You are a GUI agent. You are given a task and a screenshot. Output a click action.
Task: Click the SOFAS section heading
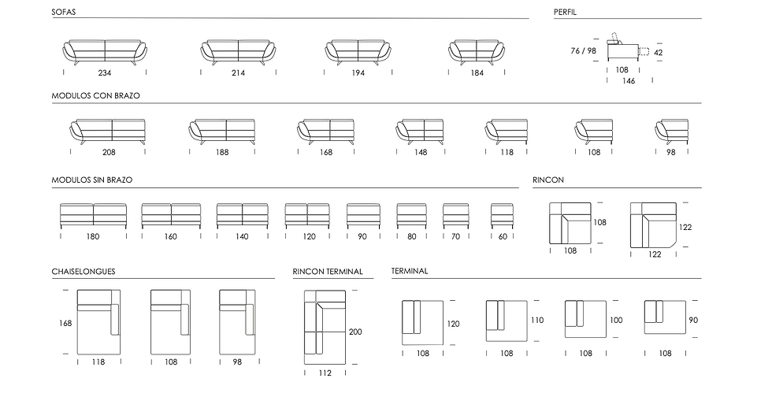pos(64,12)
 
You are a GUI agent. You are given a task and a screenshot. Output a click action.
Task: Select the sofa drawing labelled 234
pos(105,52)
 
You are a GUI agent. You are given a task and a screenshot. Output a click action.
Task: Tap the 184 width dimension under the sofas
pos(477,73)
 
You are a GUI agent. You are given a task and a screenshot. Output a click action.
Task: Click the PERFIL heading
pos(565,12)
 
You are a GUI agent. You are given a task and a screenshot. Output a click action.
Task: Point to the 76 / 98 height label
pos(584,50)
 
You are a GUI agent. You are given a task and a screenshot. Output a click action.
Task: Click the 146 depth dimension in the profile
pos(629,81)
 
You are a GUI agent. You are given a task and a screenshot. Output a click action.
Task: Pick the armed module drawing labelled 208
pos(108,132)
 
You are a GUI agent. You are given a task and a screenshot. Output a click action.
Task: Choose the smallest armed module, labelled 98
pos(671,132)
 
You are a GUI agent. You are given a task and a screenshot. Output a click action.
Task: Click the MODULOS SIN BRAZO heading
pos(92,180)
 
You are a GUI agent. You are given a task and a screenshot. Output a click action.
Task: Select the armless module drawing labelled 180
pos(93,216)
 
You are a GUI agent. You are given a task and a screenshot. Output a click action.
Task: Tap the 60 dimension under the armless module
pos(503,236)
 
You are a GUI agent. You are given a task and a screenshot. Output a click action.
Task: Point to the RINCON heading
pos(548,180)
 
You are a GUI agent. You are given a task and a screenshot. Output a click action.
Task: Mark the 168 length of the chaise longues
pos(65,323)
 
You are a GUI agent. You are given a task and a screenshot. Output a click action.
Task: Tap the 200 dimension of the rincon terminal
pos(355,332)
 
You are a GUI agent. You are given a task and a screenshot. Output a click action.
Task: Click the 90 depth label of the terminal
pos(693,320)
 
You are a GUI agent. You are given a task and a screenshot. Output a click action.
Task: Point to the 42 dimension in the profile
pos(659,52)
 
